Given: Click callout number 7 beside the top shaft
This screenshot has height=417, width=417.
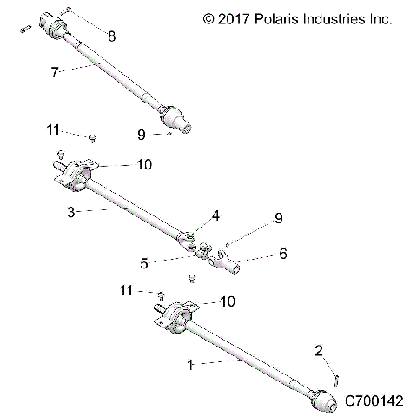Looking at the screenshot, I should point(55,73).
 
